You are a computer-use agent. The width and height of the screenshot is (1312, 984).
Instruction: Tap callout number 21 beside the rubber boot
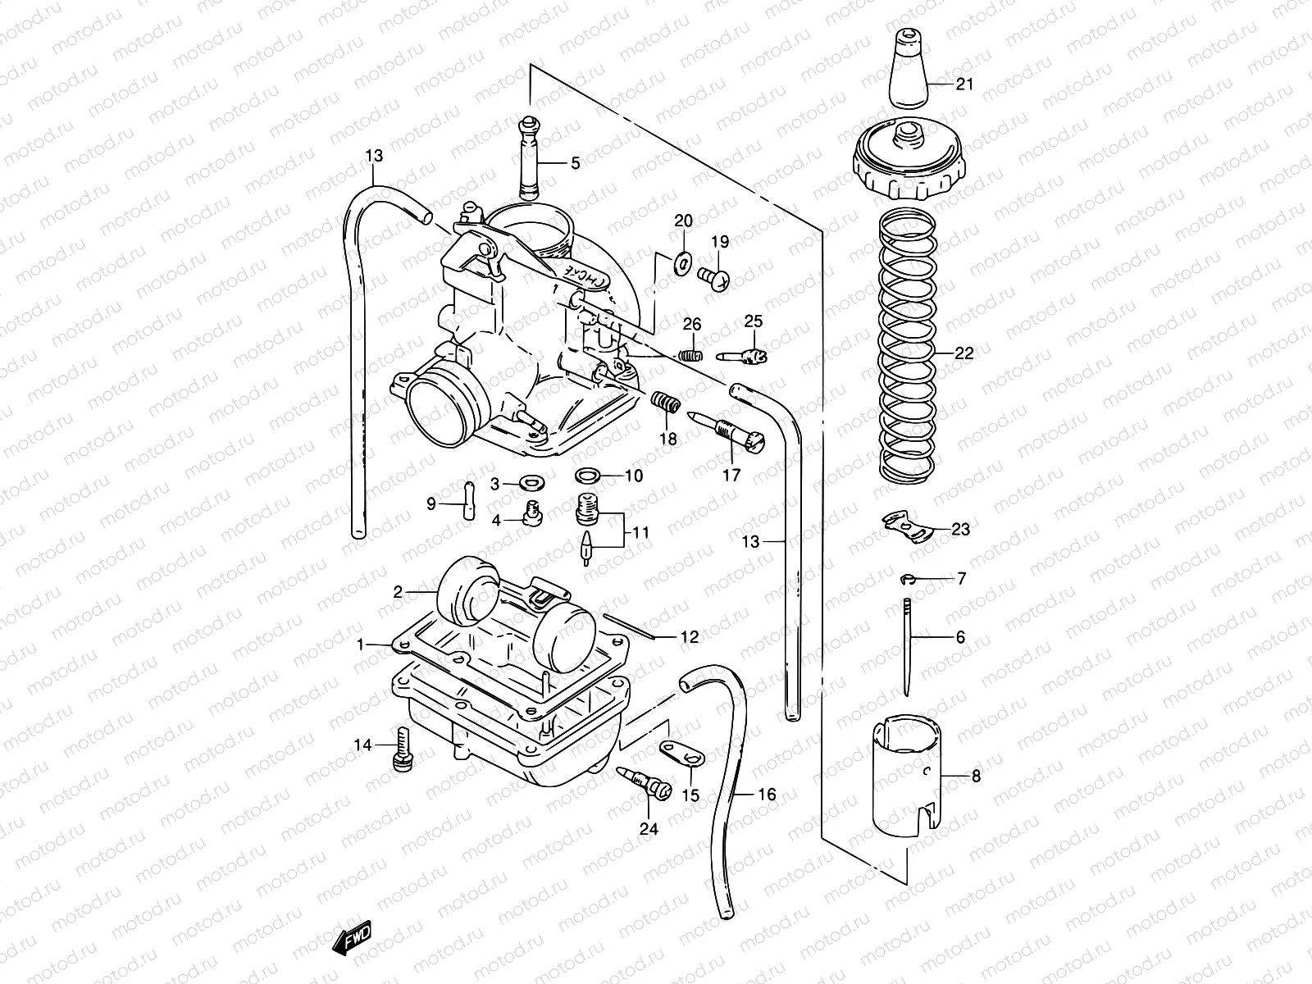tap(964, 84)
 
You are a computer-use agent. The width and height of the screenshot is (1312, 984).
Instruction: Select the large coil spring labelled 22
tap(907, 353)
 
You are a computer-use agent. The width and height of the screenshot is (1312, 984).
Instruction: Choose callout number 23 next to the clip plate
tap(959, 530)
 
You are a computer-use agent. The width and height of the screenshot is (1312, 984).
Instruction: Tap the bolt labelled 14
tap(403, 749)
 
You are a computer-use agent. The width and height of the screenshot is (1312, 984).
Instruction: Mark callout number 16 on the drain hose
tap(766, 795)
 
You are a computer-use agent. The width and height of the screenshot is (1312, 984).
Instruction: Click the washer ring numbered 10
tap(588, 476)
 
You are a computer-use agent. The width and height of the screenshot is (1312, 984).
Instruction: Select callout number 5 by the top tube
tap(575, 163)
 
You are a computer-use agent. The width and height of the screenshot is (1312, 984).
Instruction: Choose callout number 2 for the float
tap(398, 591)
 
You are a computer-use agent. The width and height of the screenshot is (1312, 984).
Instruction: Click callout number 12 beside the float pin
tap(689, 636)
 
